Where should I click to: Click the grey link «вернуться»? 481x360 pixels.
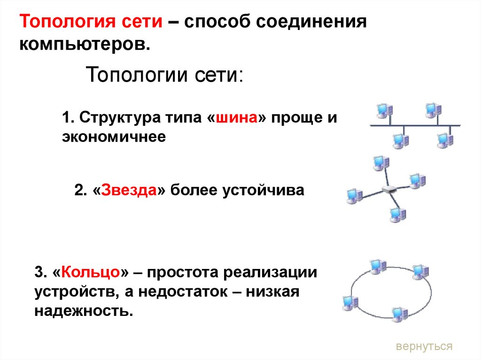424,346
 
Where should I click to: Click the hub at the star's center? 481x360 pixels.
389,190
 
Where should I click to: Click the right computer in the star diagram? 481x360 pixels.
416,180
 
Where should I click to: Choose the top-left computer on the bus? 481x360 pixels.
384,111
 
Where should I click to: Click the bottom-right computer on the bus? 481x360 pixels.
443,139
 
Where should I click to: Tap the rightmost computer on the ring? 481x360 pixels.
420,271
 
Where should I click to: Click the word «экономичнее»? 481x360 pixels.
114,137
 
